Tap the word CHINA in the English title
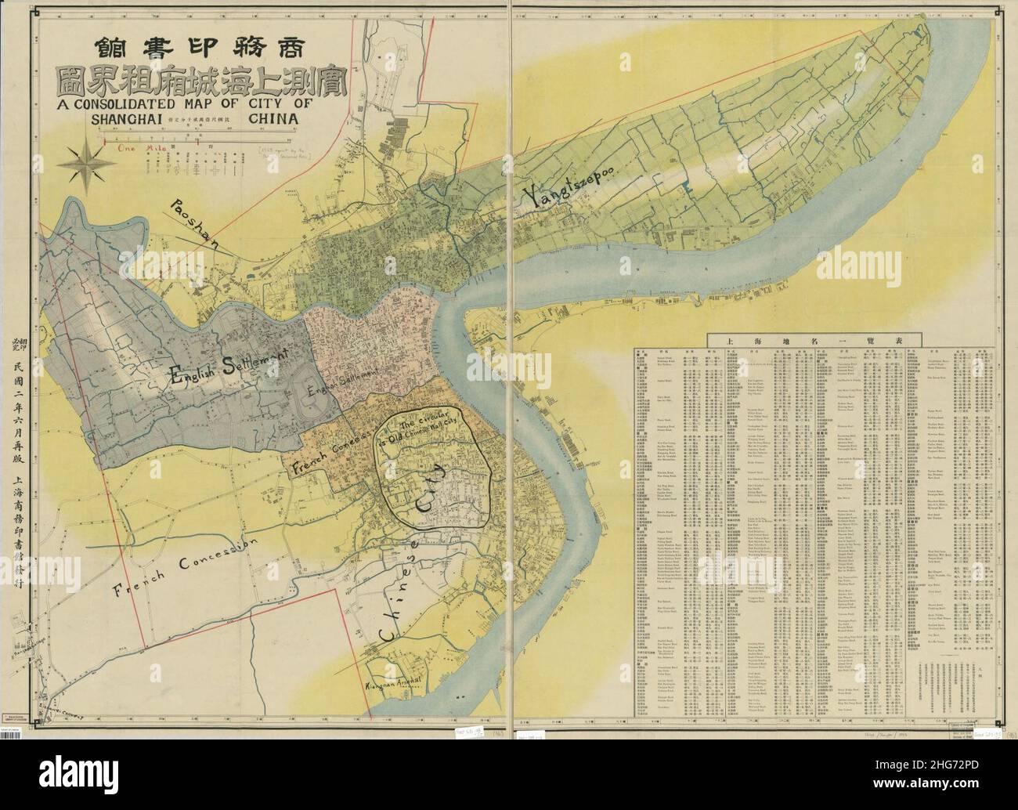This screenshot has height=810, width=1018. (x=274, y=118)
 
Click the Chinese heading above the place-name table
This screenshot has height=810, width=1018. (x=814, y=339)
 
